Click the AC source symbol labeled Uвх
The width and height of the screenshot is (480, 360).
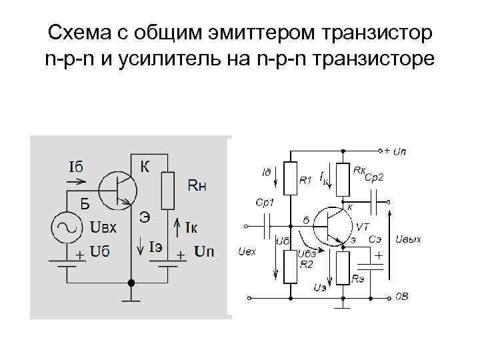pyautogui.click(x=67, y=227)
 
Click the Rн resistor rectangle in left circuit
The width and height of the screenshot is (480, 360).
pyautogui.click(x=168, y=191)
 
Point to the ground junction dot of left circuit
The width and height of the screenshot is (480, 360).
pyautogui.click(x=131, y=283)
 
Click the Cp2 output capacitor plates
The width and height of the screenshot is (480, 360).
pyautogui.click(x=377, y=197)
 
